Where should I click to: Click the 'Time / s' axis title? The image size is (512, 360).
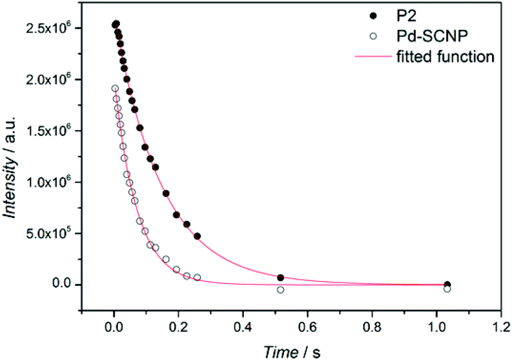pyautogui.click(x=297, y=349)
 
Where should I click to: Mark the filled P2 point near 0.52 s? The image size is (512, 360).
pyautogui.click(x=281, y=277)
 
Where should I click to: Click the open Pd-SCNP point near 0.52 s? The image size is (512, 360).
pyautogui.click(x=281, y=290)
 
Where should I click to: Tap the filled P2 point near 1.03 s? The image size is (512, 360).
pyautogui.click(x=447, y=284)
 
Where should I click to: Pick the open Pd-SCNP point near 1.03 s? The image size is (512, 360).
pyautogui.click(x=447, y=289)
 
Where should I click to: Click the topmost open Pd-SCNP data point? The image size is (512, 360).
pyautogui.click(x=115, y=88)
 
